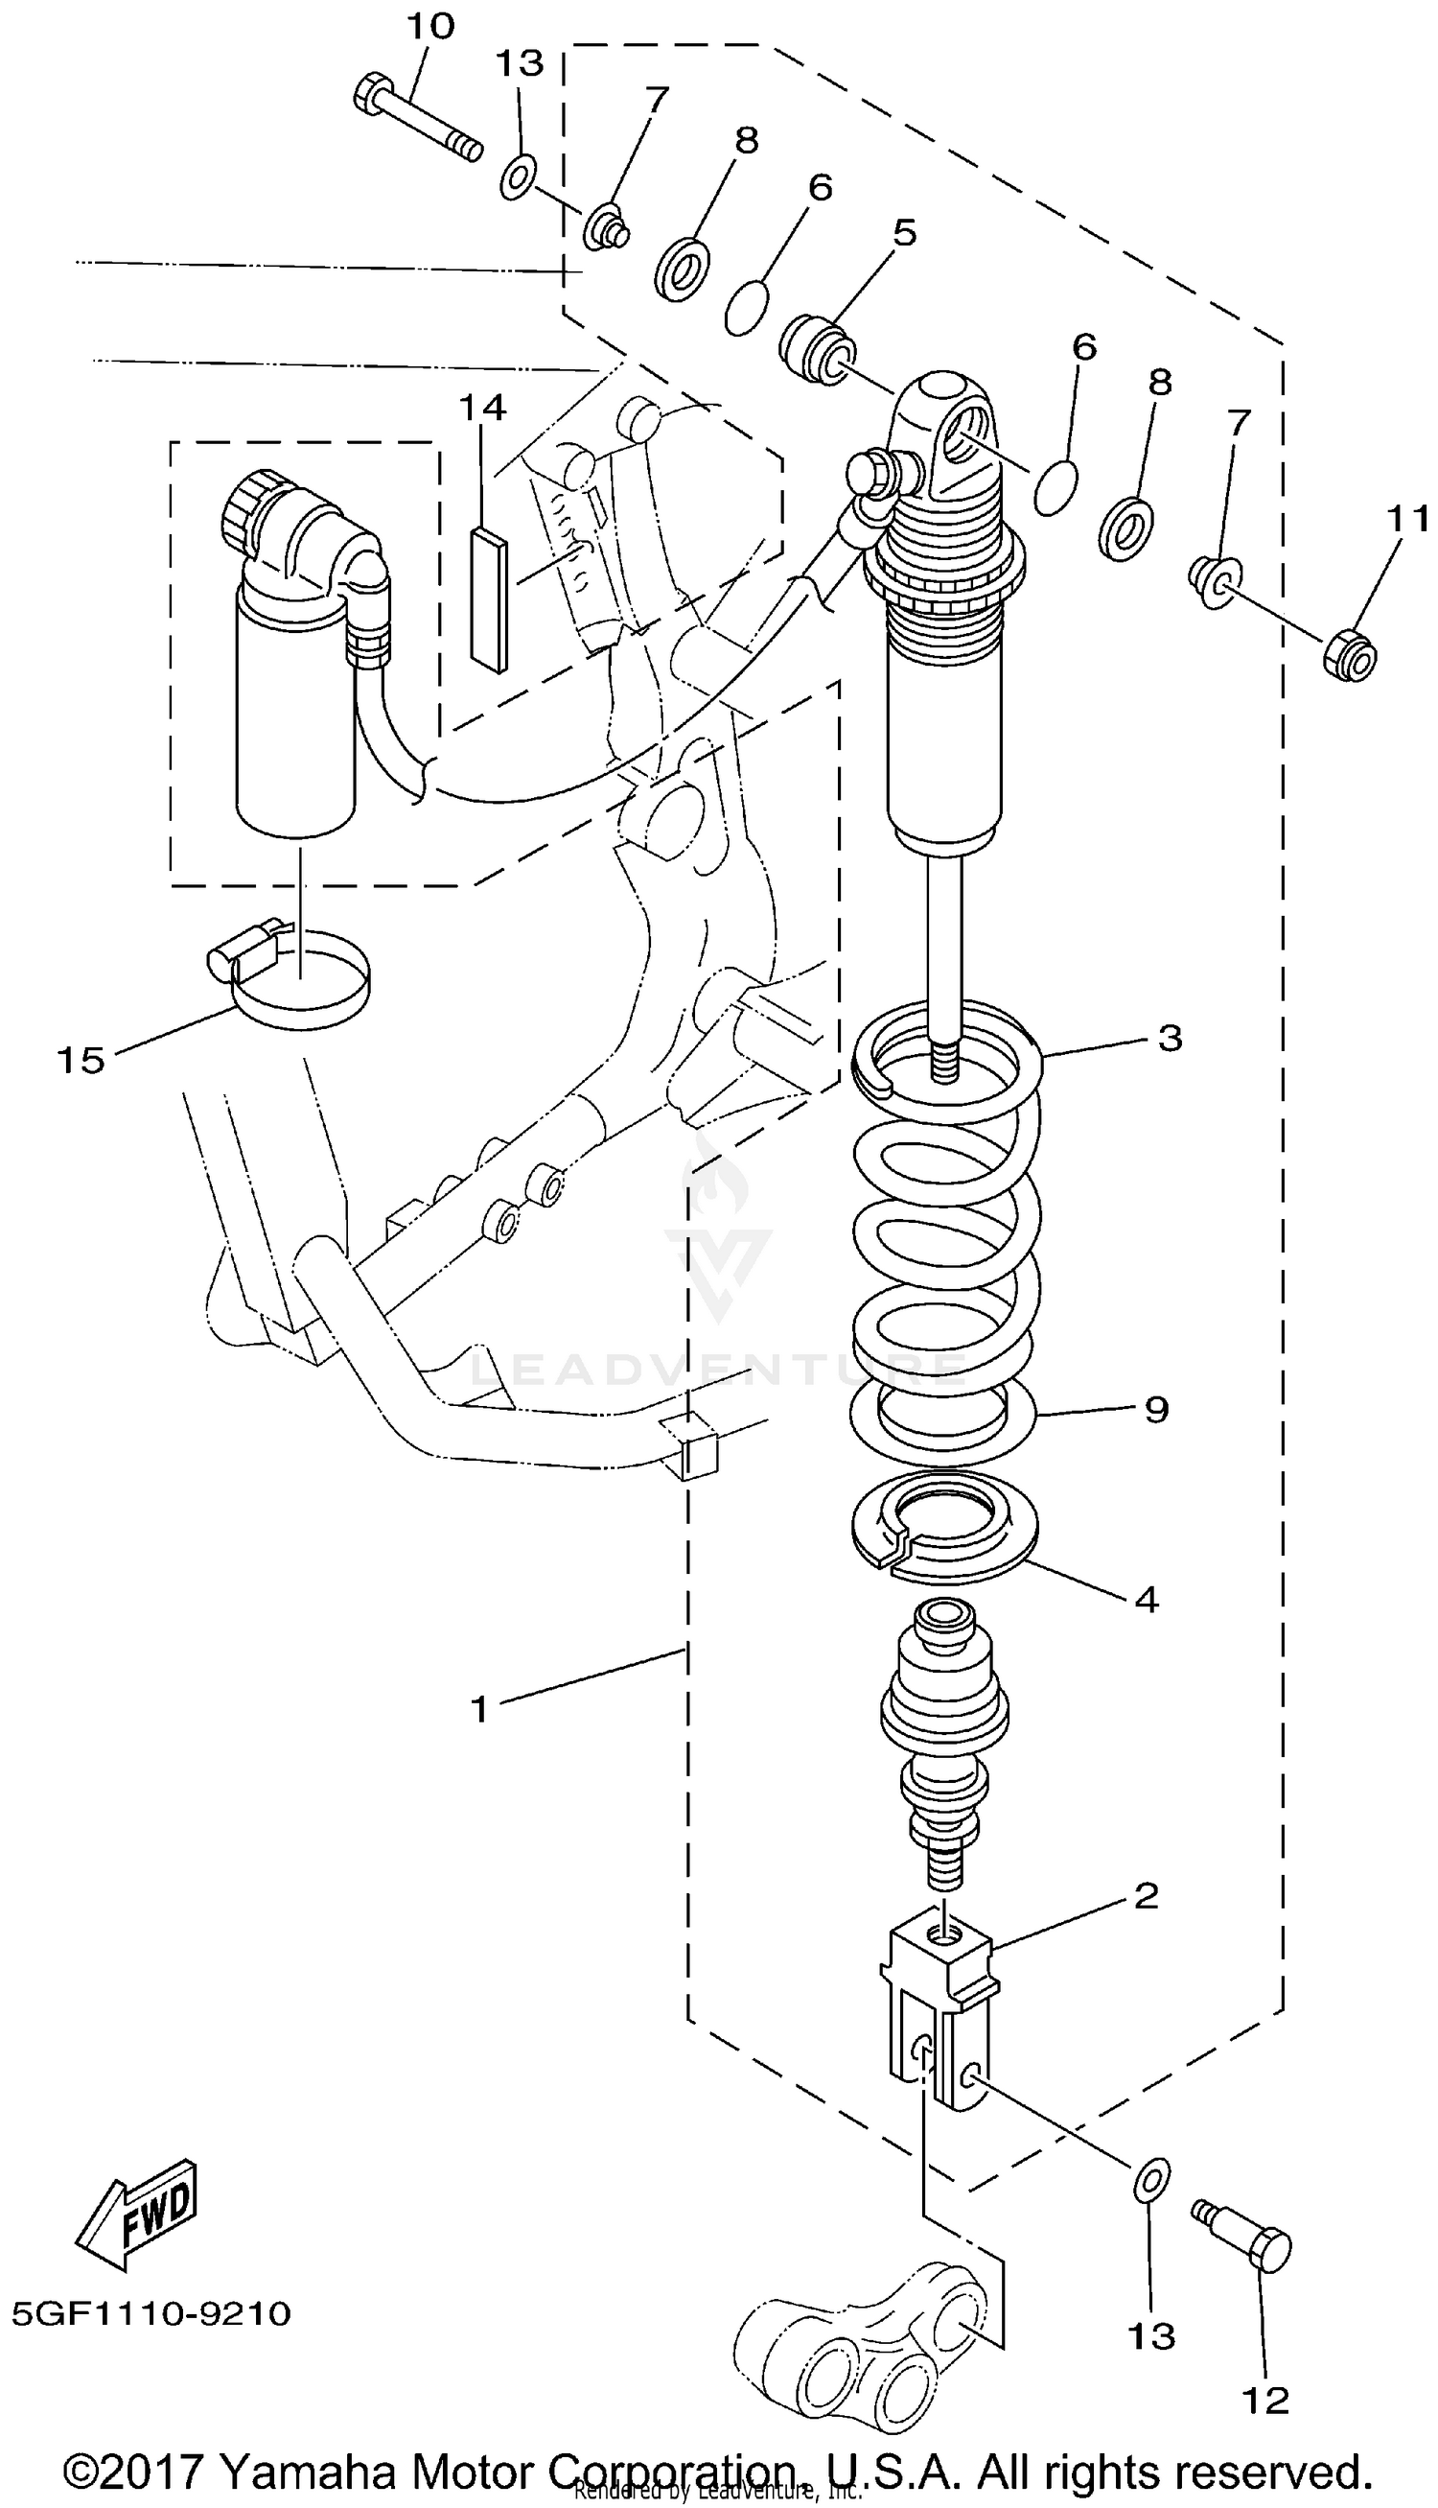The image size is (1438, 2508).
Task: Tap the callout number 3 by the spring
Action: coord(1170,1038)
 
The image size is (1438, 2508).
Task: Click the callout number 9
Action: coord(1156,1410)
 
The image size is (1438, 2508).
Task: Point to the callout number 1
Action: coord(479,1708)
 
